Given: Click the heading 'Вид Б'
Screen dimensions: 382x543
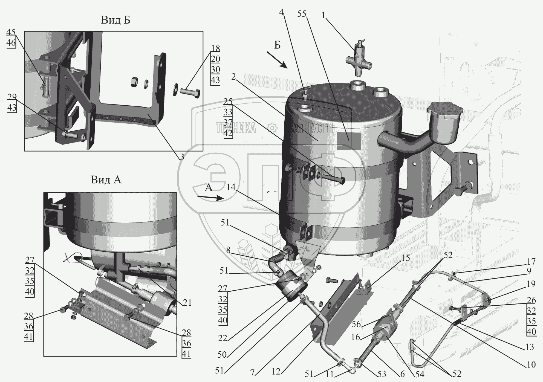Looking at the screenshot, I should click(x=115, y=20).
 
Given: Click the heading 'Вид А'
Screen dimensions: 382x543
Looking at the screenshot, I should click(x=106, y=180).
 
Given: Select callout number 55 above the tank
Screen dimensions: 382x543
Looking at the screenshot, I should click(x=302, y=14).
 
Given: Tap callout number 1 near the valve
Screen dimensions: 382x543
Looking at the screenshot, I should click(x=323, y=15).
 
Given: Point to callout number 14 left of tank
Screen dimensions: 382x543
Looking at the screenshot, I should click(x=231, y=187).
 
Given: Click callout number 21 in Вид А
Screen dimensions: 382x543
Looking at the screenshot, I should click(x=187, y=303).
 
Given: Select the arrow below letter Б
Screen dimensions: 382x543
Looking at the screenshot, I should click(x=277, y=60).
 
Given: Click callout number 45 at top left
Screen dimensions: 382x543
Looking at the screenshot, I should click(x=11, y=32).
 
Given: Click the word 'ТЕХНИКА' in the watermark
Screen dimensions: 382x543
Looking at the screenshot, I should click(x=236, y=128).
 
